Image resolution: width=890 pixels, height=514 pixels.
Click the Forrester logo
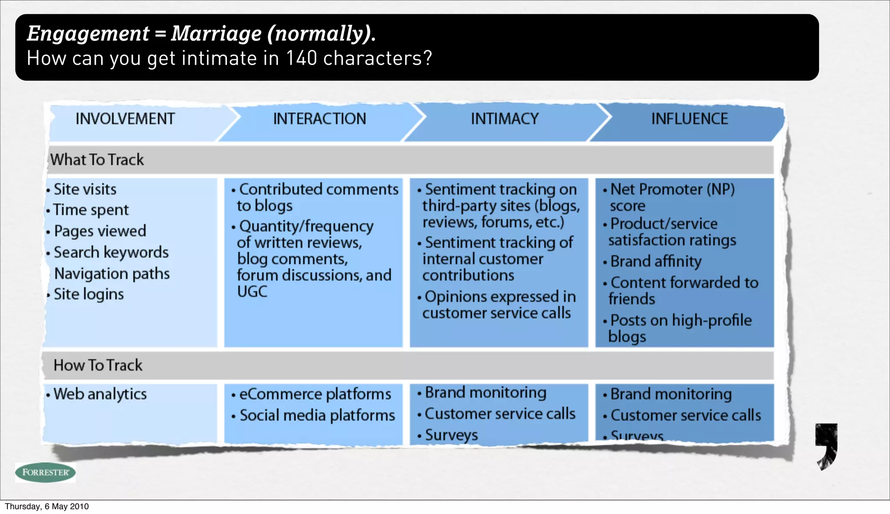[45, 472]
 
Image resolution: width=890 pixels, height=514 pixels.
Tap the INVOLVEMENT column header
[125, 119]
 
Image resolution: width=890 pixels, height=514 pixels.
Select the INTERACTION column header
[319, 119]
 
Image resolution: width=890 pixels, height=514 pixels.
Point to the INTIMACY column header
[505, 119]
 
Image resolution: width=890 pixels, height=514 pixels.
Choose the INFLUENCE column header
[689, 119]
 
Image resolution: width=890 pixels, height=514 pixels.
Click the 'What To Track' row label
[97, 160]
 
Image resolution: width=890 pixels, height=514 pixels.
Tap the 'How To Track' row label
[98, 365]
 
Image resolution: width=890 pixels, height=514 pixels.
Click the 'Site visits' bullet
[85, 189]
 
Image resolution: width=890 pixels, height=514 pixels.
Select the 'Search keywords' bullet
[111, 252]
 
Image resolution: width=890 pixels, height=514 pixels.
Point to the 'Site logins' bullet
[89, 294]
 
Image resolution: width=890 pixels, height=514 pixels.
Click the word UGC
[252, 292]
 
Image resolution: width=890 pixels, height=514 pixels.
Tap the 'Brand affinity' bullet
[656, 261]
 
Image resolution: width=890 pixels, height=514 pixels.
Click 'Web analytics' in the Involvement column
[100, 394]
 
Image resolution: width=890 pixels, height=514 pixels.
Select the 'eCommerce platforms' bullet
[315, 394]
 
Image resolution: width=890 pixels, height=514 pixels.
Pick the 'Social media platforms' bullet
[317, 415]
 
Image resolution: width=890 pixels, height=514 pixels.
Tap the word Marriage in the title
[216, 33]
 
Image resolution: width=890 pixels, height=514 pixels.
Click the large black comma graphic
[827, 445]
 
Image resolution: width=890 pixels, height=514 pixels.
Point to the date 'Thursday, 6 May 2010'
[47, 506]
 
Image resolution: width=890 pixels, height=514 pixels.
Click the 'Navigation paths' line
[112, 273]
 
